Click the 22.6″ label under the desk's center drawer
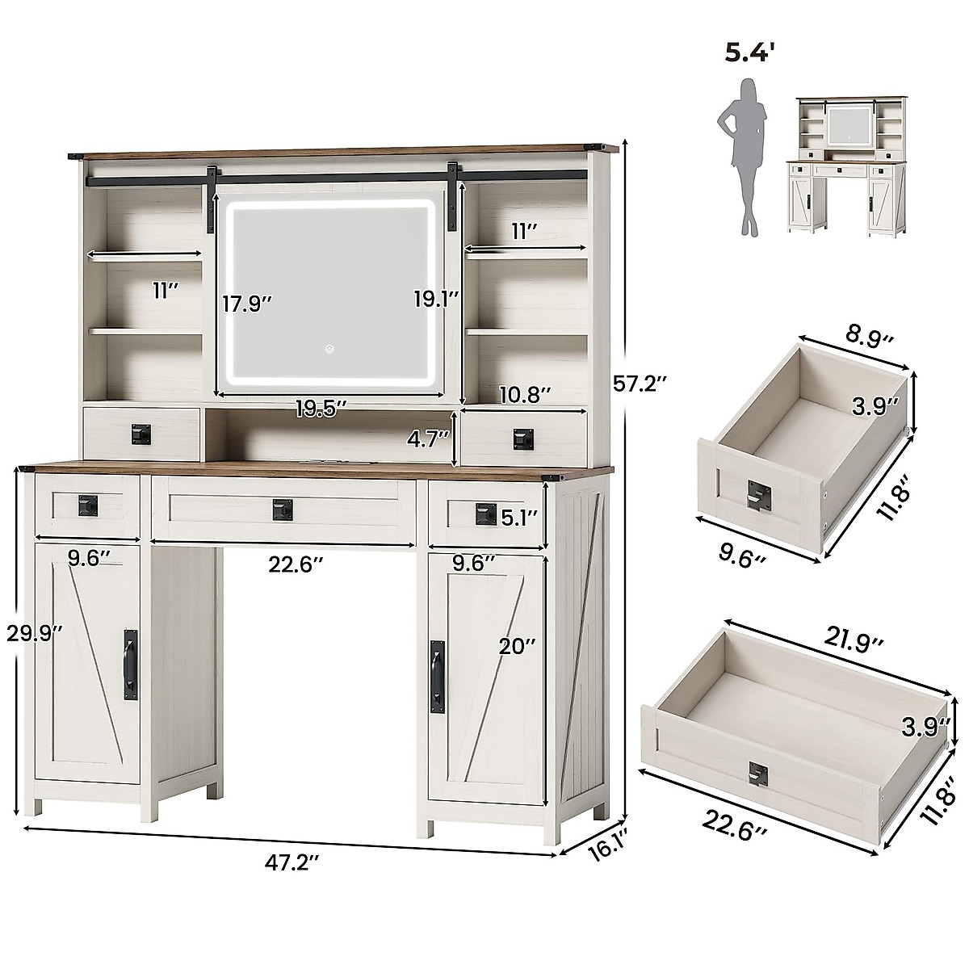point(296,565)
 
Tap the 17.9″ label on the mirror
point(248,304)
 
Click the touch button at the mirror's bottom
point(329,350)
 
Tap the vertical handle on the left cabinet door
point(130,663)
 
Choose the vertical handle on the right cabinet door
point(437,677)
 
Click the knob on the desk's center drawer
point(282,509)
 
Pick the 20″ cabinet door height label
point(518,646)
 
